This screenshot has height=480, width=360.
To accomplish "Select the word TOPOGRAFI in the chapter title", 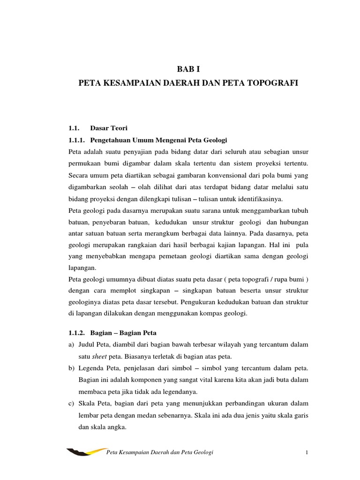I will [275, 83].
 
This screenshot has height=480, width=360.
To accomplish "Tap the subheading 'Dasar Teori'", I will [105, 127].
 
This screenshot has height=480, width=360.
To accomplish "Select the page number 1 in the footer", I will [306, 452].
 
